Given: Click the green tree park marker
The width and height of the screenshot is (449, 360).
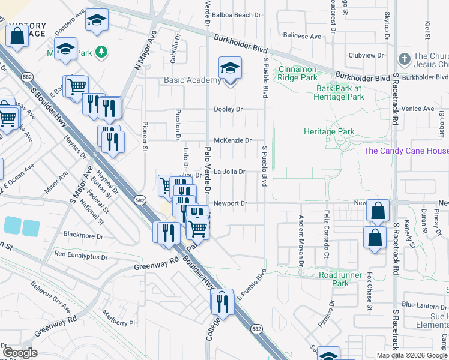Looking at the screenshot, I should [x=102, y=53].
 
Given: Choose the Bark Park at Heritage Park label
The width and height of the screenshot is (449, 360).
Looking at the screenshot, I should [x=340, y=92].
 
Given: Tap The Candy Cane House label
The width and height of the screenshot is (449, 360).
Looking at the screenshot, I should [x=406, y=151].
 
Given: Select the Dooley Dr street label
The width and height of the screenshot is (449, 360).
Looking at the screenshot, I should [x=229, y=109].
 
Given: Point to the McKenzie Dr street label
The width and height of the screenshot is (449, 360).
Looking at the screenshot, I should [x=233, y=140].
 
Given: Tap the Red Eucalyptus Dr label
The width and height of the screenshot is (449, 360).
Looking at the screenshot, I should [x=81, y=255].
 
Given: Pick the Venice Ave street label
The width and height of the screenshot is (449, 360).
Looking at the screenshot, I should [x=419, y=109].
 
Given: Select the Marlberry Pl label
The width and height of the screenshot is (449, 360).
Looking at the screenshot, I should [x=119, y=322].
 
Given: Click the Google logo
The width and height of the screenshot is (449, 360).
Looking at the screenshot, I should [x=20, y=353].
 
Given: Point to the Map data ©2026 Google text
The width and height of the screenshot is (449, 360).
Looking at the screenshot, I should [x=411, y=355].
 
